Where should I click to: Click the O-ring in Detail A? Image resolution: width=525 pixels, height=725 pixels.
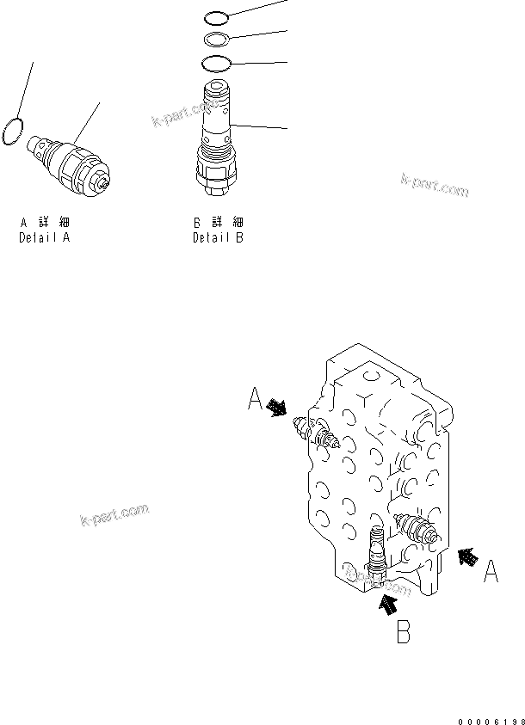tap(12, 130)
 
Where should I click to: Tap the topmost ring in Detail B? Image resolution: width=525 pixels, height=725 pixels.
tap(217, 17)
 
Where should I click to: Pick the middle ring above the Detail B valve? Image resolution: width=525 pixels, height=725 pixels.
tap(216, 40)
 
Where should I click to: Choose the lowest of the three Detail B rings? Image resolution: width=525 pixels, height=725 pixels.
tap(216, 63)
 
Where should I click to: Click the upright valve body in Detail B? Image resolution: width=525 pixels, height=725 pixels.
tap(215, 120)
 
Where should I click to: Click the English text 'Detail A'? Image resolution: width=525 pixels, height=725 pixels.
tap(44, 237)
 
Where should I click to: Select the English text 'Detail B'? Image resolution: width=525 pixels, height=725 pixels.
tap(218, 237)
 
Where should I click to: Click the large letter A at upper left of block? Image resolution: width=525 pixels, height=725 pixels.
tap(255, 399)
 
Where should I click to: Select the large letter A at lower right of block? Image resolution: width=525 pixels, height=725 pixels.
tap(490, 571)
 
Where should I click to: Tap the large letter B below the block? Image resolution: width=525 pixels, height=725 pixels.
tap(402, 634)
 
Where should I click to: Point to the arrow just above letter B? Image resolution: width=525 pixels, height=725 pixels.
tap(387, 605)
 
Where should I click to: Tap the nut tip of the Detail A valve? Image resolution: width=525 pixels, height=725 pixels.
tap(104, 183)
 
